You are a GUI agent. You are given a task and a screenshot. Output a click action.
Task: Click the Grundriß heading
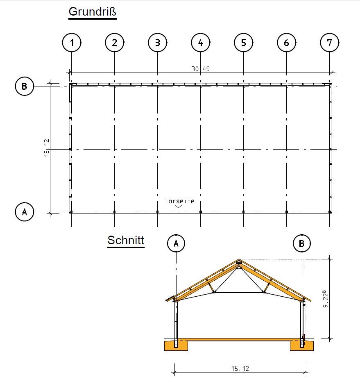click(x=92, y=11)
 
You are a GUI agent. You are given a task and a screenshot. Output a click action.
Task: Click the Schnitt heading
click(x=126, y=240)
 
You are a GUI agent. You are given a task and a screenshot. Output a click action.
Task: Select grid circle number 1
click(x=72, y=43)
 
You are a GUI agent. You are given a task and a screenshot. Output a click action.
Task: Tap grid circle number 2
click(x=115, y=43)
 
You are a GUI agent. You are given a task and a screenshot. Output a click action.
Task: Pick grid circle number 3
click(x=158, y=43)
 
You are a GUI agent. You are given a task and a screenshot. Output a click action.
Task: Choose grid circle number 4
click(x=201, y=43)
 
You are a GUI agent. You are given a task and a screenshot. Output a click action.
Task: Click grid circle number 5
click(x=244, y=43)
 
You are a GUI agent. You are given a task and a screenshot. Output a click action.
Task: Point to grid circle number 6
click(x=286, y=43)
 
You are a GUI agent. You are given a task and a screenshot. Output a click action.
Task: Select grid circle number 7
click(x=329, y=43)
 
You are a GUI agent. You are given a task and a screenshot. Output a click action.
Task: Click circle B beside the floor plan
click(x=24, y=86)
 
